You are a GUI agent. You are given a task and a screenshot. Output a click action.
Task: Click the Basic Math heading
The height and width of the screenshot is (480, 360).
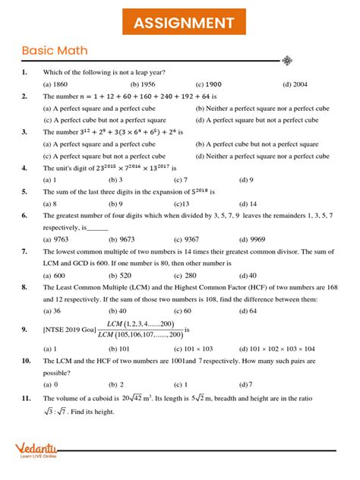tap(55, 51)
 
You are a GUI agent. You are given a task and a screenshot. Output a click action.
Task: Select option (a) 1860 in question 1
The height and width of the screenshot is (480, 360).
tap(55, 84)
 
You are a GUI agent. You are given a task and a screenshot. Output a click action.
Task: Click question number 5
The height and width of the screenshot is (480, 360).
tap(25, 192)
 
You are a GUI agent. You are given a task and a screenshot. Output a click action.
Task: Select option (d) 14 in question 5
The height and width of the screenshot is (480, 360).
tap(248, 204)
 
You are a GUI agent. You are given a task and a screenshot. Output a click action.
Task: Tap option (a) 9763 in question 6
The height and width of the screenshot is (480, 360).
tap(57, 238)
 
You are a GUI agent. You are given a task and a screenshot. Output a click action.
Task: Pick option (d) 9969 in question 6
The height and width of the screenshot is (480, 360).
tap(253, 238)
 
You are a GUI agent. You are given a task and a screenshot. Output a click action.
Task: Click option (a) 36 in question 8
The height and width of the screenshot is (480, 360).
tap(52, 311)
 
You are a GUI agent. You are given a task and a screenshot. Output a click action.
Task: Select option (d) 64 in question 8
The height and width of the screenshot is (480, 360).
tap(248, 311)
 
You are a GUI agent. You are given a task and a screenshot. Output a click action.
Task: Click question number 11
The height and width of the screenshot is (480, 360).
tap(26, 398)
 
